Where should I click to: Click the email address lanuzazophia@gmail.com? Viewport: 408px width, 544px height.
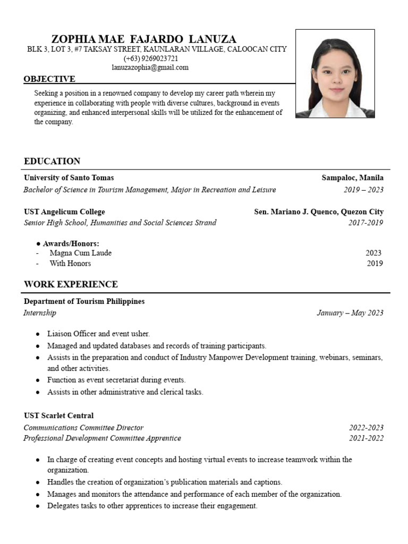(x=150, y=67)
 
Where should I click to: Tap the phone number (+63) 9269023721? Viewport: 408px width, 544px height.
(x=151, y=58)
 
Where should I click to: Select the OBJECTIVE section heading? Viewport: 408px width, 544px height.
(x=49, y=79)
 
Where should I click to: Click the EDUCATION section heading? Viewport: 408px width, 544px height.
(x=52, y=161)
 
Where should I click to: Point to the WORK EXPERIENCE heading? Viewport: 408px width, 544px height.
(x=71, y=284)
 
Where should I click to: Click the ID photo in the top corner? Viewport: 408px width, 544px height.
(x=335, y=73)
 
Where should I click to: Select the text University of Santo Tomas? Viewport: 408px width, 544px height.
(x=69, y=177)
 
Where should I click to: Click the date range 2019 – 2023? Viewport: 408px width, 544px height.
(x=363, y=190)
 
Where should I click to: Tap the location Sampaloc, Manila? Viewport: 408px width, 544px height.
(x=352, y=177)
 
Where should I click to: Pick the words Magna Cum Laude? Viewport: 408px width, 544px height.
(x=80, y=253)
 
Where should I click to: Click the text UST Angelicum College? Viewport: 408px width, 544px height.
(x=64, y=211)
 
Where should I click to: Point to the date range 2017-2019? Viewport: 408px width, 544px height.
(x=365, y=223)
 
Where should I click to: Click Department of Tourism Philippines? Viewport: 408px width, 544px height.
(x=84, y=301)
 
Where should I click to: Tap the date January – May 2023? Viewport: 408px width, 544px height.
(x=350, y=313)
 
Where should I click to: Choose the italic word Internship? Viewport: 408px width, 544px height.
(x=40, y=313)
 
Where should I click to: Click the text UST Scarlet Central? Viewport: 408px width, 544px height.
(x=58, y=415)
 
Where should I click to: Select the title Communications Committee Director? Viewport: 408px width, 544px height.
(x=83, y=428)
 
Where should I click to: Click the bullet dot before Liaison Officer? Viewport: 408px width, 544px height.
(x=38, y=334)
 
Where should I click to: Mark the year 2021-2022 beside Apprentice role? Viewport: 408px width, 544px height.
(x=366, y=438)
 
